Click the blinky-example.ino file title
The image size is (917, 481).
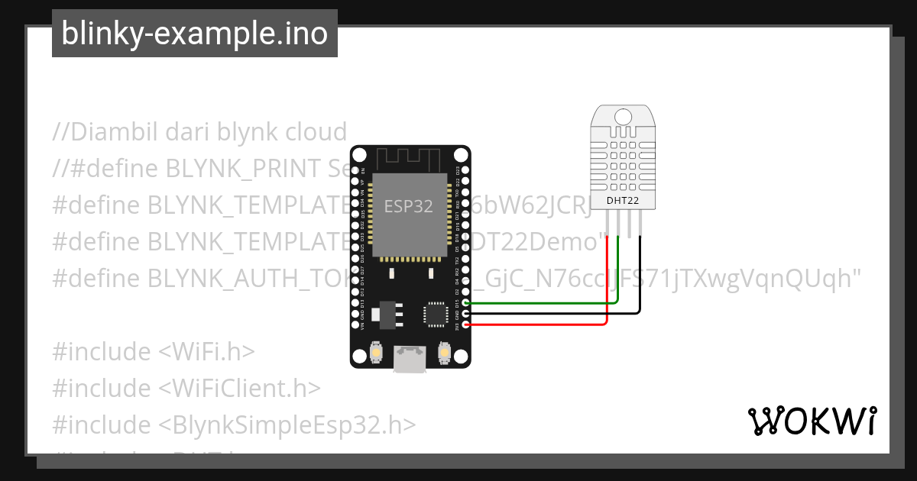[x=194, y=34]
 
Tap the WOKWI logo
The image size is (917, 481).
[x=812, y=421]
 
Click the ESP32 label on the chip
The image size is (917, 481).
[x=408, y=206]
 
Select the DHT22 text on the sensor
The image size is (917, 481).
[x=623, y=200]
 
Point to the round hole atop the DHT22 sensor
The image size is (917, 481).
[x=624, y=116]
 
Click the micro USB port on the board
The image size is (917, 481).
[x=410, y=360]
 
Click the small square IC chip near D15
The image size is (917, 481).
[x=436, y=313]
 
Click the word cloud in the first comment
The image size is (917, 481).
[x=316, y=132]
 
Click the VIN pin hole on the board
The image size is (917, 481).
[x=355, y=325]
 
